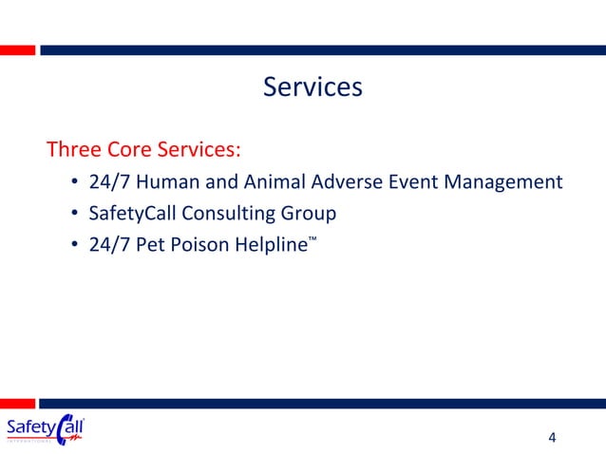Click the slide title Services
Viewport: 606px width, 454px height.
click(x=312, y=87)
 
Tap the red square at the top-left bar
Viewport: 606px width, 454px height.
click(x=18, y=49)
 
